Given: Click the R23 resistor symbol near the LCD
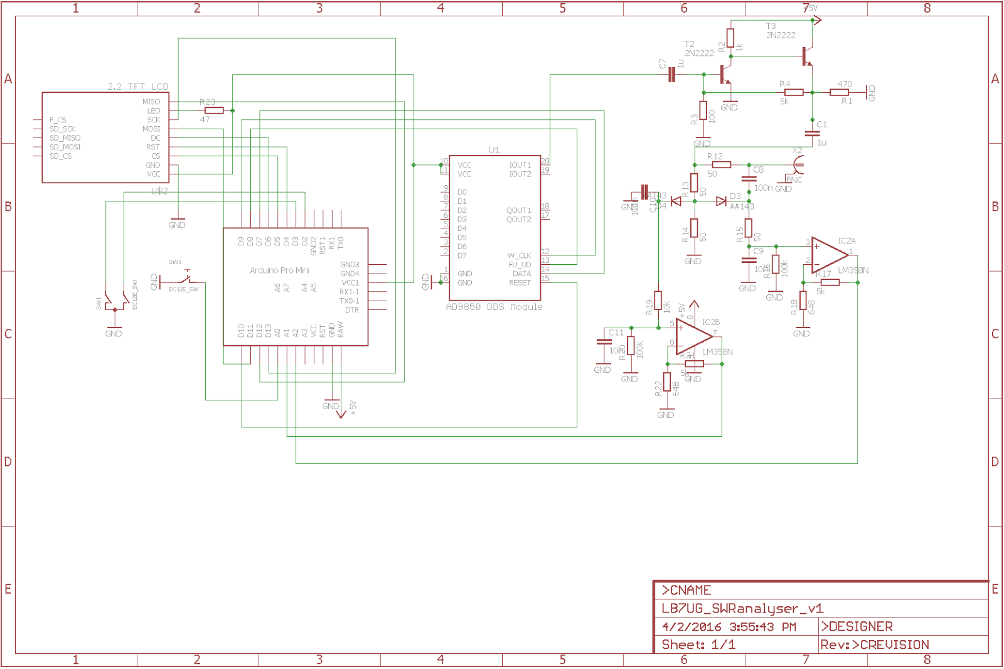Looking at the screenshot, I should pyautogui.click(x=214, y=110).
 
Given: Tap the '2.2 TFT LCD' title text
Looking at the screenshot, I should pyautogui.click(x=137, y=87).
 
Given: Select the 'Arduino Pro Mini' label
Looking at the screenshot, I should pyautogui.click(x=279, y=270).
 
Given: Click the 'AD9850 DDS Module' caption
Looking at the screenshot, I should pyautogui.click(x=494, y=307).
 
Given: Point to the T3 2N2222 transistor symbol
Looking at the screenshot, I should pyautogui.click(x=807, y=58).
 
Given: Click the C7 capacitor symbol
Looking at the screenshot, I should pyautogui.click(x=672, y=75).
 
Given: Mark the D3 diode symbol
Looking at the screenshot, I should pyautogui.click(x=721, y=201).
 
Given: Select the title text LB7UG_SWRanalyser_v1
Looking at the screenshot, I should pyautogui.click(x=742, y=608).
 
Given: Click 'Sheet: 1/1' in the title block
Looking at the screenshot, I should pyautogui.click(x=698, y=645).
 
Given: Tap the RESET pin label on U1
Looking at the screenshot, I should pyautogui.click(x=520, y=283).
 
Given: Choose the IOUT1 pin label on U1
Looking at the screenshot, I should pyautogui.click(x=520, y=165).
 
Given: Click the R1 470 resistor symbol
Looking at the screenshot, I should pyautogui.click(x=839, y=92).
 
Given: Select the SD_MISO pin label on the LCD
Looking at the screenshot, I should pyautogui.click(x=65, y=138).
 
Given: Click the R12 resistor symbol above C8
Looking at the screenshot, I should pyautogui.click(x=721, y=164).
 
